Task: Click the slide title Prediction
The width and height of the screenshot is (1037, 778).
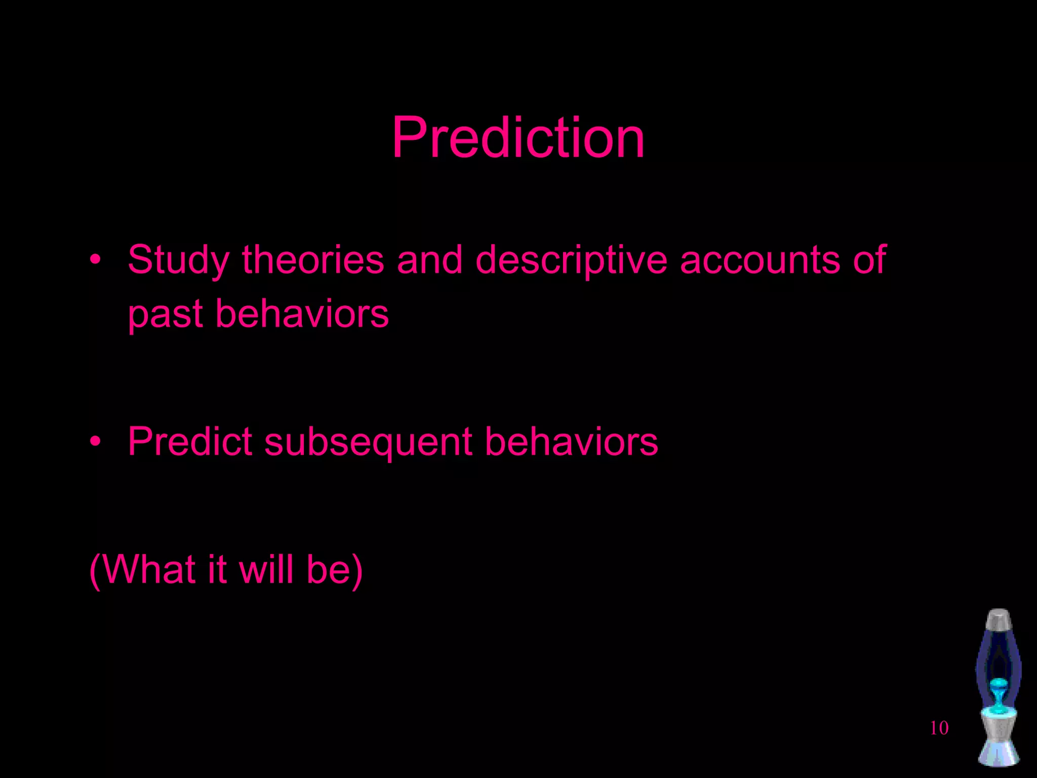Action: (x=518, y=137)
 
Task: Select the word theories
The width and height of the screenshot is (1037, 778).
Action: (x=312, y=259)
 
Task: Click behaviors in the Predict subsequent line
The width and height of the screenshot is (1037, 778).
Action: (x=571, y=441)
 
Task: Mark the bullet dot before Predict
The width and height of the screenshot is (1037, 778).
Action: (x=95, y=442)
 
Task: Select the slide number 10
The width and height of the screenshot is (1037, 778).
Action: (x=939, y=728)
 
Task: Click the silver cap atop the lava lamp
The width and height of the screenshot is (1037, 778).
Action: (x=999, y=619)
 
